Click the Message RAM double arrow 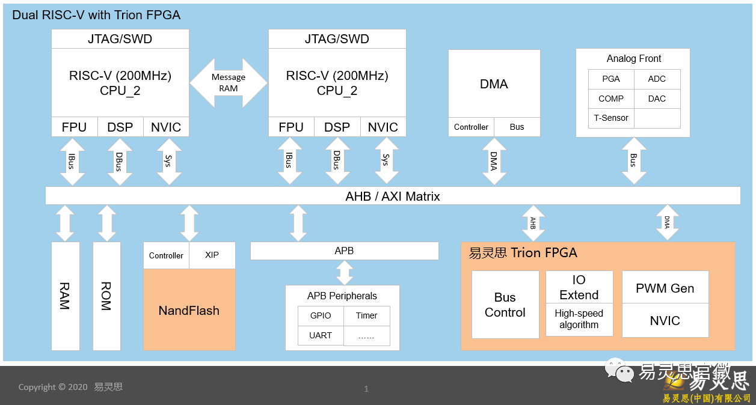229,83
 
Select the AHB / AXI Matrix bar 393,196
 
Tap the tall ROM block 106,296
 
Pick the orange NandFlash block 189,310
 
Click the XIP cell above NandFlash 212,255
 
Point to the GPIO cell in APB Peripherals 321,315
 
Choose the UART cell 321,335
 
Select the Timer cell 366,315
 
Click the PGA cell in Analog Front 611,79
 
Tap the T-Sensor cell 611,118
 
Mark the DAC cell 657,99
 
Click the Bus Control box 505,305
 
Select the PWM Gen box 665,288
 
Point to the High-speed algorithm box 579,319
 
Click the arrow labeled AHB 533,223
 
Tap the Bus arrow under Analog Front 633,160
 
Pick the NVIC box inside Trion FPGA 665,320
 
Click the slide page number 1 366,389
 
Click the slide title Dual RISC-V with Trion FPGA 96,15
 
